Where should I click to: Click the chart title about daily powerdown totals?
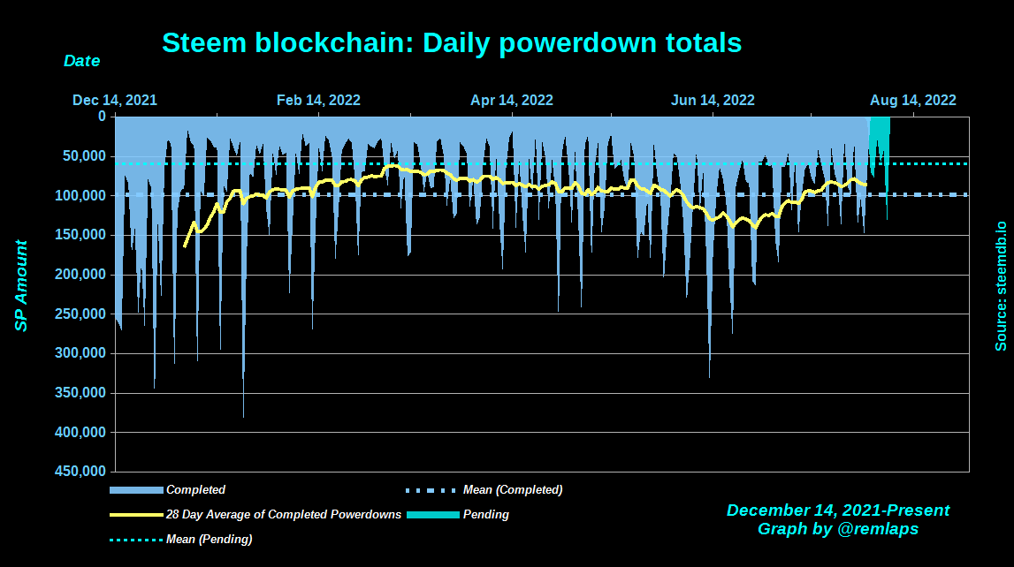(452, 42)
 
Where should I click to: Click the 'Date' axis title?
(81, 62)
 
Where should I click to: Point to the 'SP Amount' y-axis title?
(21, 286)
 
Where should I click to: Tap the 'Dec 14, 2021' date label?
(115, 100)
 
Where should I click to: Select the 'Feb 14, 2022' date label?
(318, 100)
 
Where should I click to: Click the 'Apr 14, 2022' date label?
(512, 100)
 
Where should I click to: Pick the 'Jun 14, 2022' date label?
(713, 100)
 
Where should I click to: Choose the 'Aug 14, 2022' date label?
(914, 100)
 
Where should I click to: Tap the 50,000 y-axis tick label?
(87, 156)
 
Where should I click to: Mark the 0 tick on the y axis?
(102, 117)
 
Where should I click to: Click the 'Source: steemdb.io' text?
(1001, 286)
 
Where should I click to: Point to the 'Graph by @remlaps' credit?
(838, 529)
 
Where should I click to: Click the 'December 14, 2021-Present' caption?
(838, 510)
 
